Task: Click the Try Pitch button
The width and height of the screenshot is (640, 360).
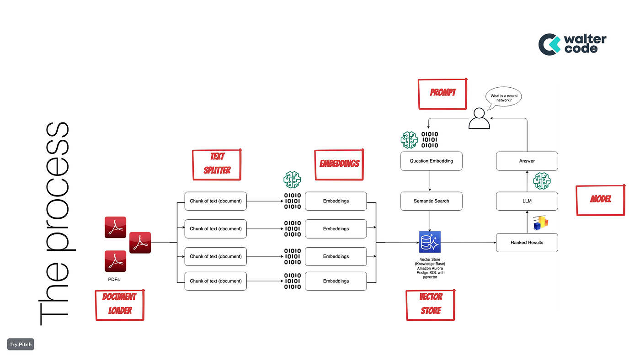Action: [x=21, y=344]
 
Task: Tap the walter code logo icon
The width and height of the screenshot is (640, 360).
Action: [x=549, y=44]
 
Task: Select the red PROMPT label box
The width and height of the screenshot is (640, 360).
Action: [x=443, y=93]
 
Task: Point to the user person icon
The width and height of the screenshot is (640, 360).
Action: [x=479, y=118]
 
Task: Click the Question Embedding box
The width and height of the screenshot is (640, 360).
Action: [x=431, y=161]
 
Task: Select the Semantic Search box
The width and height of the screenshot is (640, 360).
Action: [x=431, y=201]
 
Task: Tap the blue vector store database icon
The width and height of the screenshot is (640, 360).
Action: [x=429, y=242]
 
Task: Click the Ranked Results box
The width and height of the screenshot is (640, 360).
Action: [x=527, y=243]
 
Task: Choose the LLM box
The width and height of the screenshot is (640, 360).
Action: [x=527, y=201]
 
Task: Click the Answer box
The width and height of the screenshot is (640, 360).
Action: [x=527, y=161]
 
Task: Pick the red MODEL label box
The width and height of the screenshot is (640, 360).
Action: [x=600, y=200]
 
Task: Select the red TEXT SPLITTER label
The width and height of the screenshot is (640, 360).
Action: [x=217, y=164]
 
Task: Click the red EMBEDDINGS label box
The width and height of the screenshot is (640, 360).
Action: [x=339, y=164]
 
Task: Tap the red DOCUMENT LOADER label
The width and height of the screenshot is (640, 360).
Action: [x=120, y=304]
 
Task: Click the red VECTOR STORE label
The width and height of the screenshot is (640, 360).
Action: [x=430, y=304]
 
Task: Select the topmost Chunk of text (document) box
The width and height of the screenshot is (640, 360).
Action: [x=215, y=201]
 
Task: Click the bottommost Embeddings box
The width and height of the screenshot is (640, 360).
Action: [x=336, y=281]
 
